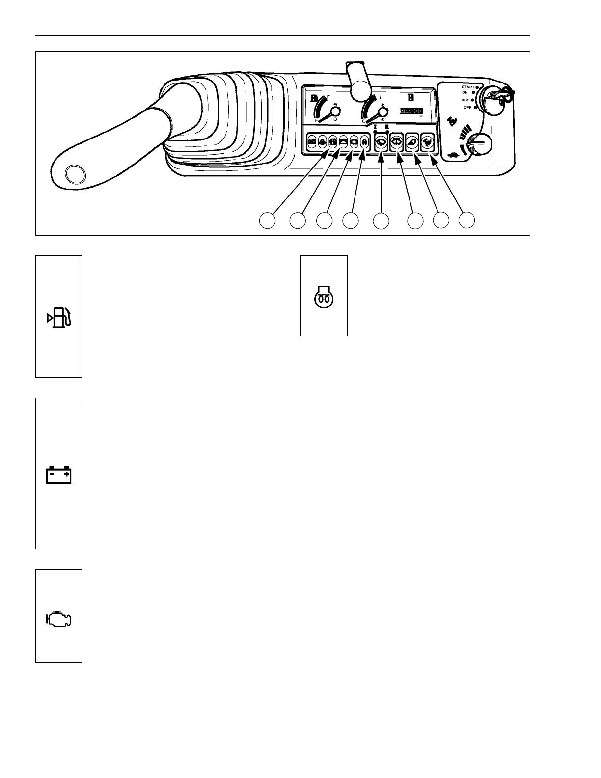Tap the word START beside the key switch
[467, 87]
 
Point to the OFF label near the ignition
[467, 108]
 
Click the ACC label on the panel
[465, 100]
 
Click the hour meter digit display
[411, 111]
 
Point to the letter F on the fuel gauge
[328, 97]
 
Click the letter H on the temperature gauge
[379, 97]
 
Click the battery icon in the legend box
[59, 475]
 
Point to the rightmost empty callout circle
[467, 220]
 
